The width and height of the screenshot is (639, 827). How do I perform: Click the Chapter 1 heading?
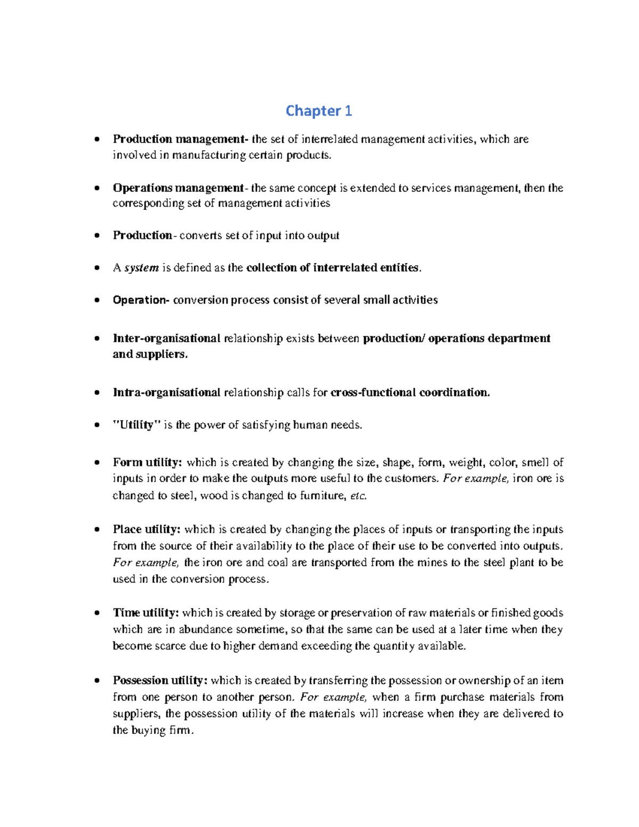click(318, 111)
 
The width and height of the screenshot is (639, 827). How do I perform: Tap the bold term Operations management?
click(178, 188)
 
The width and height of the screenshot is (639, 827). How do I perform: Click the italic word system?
click(142, 268)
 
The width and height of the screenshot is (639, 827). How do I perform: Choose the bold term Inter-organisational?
click(166, 339)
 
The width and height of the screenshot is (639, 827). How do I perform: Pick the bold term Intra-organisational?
click(166, 393)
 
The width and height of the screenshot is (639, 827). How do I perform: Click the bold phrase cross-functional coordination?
click(409, 393)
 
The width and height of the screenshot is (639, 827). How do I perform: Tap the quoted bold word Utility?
click(137, 425)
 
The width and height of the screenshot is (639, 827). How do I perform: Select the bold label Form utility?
click(148, 462)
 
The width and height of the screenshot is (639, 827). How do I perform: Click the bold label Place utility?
click(146, 529)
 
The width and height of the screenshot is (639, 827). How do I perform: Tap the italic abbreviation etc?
click(358, 496)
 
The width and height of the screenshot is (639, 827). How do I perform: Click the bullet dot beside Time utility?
click(96, 613)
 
